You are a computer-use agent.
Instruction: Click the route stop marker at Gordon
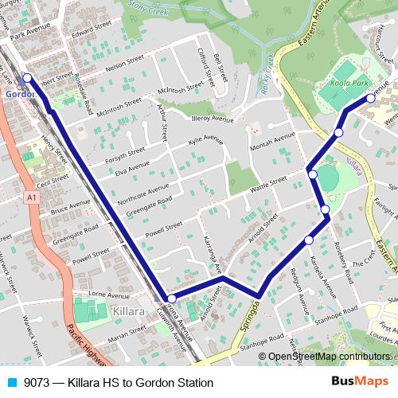coord(26,78)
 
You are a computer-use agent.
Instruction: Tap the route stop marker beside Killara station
coord(171,298)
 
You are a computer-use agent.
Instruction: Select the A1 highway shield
coord(30,196)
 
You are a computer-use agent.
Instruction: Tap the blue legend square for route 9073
coord(12,382)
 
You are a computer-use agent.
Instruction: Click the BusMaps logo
coord(361,382)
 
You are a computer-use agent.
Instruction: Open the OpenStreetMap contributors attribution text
coord(328,356)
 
